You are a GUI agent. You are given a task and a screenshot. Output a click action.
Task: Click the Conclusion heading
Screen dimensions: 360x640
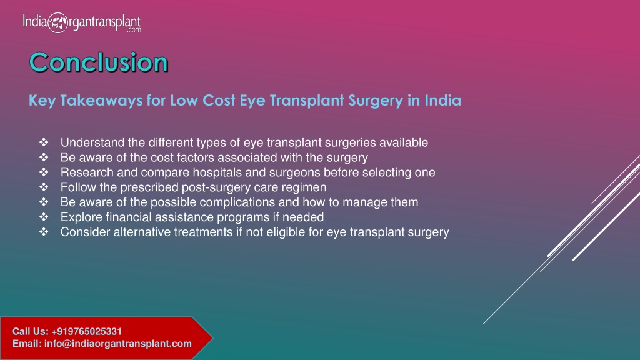(x=99, y=62)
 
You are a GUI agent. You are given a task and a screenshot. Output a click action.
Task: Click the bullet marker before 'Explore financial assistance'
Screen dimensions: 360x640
(x=44, y=217)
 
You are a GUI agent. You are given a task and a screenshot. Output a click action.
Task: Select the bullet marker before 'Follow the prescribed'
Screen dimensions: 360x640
(x=44, y=187)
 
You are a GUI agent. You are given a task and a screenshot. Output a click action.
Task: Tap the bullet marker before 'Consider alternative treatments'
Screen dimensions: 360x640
(x=44, y=232)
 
